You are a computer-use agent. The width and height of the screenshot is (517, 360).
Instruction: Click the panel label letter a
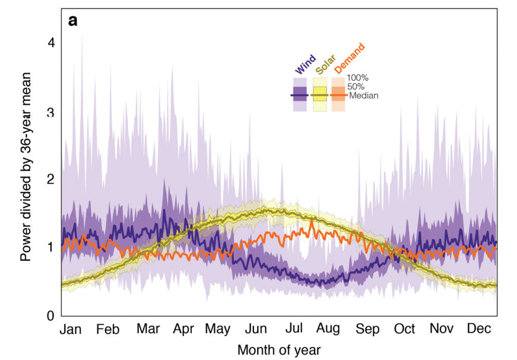click(74, 21)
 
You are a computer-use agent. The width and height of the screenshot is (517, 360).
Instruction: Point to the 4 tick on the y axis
click(52, 43)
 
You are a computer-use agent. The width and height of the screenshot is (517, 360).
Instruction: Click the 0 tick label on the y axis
click(52, 315)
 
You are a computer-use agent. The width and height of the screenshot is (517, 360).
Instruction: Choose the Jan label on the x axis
click(72, 330)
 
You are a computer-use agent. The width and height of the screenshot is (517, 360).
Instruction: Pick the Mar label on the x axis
click(149, 330)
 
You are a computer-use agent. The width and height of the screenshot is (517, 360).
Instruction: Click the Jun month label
click(256, 330)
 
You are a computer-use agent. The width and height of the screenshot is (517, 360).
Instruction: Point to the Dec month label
click(477, 330)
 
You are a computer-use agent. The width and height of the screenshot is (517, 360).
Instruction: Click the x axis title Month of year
click(279, 350)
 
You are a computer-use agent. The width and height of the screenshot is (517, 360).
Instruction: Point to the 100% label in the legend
click(358, 78)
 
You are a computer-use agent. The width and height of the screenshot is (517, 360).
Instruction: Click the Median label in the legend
click(364, 95)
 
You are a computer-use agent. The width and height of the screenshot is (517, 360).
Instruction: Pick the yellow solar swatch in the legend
click(319, 94)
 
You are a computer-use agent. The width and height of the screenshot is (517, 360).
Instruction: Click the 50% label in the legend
click(356, 87)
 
